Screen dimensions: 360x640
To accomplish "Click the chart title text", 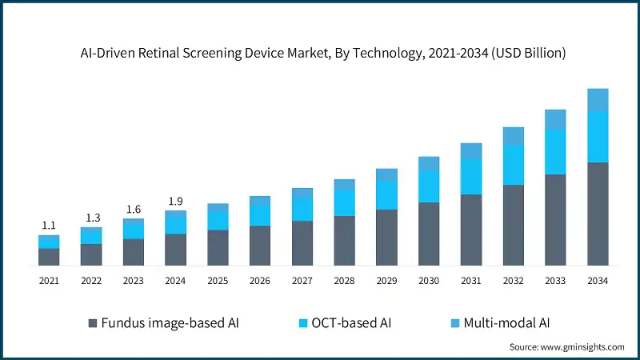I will point(320,54).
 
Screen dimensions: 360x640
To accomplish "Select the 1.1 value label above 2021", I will point(49,226).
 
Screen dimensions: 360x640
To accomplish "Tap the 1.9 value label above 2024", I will point(175,201).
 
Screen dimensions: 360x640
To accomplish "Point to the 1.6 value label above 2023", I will point(133,209).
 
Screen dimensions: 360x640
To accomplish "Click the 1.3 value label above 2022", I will point(91,218).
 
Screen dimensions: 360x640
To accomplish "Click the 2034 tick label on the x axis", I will point(598,281).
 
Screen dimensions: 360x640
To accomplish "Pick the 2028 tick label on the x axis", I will point(344,281).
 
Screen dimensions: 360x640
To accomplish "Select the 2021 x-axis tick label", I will point(49,281).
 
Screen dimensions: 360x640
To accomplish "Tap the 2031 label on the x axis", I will point(471,281).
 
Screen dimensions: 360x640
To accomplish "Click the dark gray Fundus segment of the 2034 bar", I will point(598,214).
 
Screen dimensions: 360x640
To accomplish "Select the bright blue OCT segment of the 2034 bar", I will point(598,137).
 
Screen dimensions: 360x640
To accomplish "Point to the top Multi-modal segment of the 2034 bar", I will point(598,100).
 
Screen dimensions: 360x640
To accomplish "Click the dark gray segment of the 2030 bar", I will point(429,234).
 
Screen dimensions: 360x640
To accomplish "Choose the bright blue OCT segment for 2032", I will point(514,166).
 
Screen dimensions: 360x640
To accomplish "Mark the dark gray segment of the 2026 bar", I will point(260,246).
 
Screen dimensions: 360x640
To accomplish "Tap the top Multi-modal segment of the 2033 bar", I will point(555,120).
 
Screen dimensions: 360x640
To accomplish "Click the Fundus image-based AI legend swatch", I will point(93,323).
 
